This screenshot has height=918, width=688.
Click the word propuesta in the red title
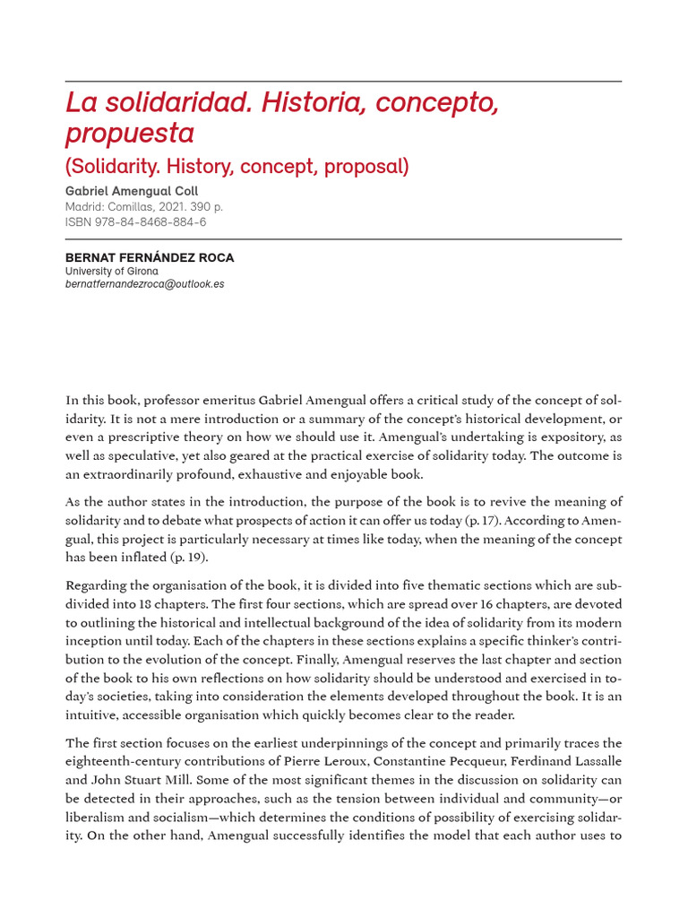[129, 134]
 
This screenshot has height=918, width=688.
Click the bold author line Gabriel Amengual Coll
[132, 191]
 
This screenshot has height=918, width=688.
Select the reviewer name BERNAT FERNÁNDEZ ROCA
[150, 257]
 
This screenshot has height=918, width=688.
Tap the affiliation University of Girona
[111, 271]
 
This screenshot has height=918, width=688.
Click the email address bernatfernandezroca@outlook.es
[144, 284]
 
